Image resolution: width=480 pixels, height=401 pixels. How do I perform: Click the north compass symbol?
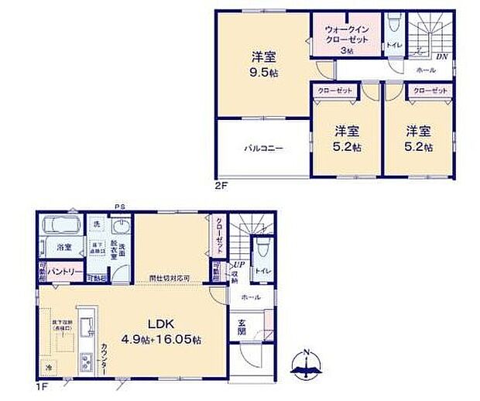(307, 366)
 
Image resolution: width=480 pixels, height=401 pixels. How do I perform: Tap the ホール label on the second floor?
(425, 70)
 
